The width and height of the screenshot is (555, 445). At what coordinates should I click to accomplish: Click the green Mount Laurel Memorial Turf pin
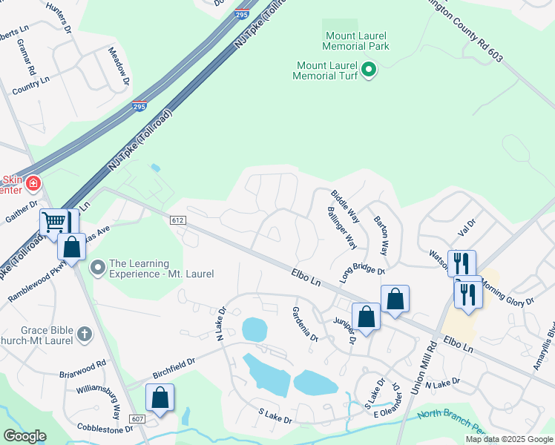[369, 71]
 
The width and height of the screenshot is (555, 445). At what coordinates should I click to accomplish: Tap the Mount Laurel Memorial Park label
[357, 41]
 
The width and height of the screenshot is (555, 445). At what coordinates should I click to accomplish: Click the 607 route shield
[139, 420]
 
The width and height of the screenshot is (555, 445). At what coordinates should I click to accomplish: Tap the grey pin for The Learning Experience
[97, 267]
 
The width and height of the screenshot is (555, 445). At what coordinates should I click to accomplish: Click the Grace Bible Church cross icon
[84, 334]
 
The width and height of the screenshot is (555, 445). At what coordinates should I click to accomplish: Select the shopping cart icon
[55, 221]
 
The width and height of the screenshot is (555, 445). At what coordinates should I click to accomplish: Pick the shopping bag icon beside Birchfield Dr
[160, 398]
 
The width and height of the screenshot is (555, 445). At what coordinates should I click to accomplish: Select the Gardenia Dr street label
[305, 324]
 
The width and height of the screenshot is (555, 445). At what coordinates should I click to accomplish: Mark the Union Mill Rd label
[428, 361]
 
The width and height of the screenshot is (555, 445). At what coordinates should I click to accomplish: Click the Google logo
[24, 436]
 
